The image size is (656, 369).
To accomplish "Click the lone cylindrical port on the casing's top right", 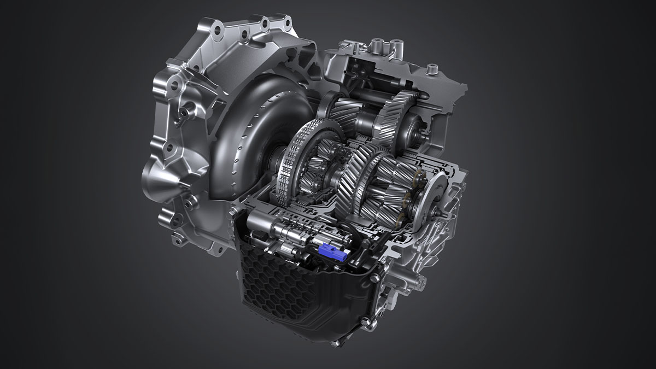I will tap(432, 69).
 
